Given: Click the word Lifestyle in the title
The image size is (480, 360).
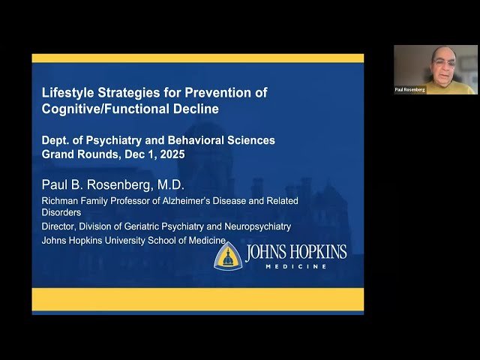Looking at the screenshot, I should (x=64, y=93).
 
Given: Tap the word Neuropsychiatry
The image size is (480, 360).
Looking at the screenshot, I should (x=253, y=226).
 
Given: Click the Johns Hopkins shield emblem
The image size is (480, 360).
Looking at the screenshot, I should (x=227, y=255).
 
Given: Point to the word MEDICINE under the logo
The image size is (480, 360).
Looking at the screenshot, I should (x=296, y=266).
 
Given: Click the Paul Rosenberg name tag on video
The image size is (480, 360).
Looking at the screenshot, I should (x=410, y=89).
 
